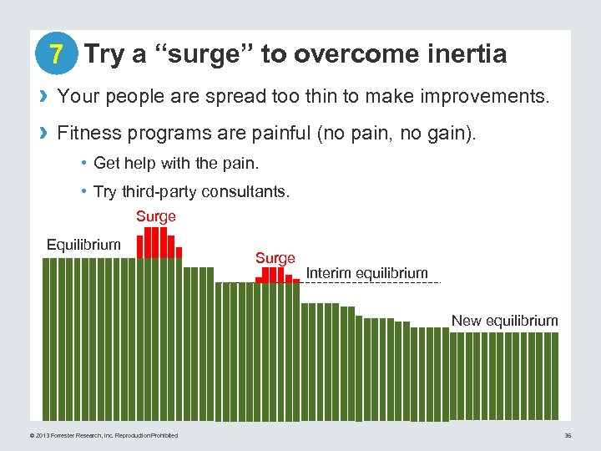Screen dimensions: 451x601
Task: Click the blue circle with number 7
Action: tap(56, 55)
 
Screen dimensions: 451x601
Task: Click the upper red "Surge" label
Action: tap(156, 216)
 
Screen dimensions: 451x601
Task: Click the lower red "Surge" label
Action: tap(275, 258)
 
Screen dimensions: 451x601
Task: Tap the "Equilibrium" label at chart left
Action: tap(83, 245)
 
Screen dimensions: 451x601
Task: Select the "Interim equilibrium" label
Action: tap(366, 273)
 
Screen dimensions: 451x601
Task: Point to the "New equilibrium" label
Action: tap(504, 321)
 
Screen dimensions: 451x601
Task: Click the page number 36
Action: tap(567, 435)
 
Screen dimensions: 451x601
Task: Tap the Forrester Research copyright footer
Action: tap(104, 435)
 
